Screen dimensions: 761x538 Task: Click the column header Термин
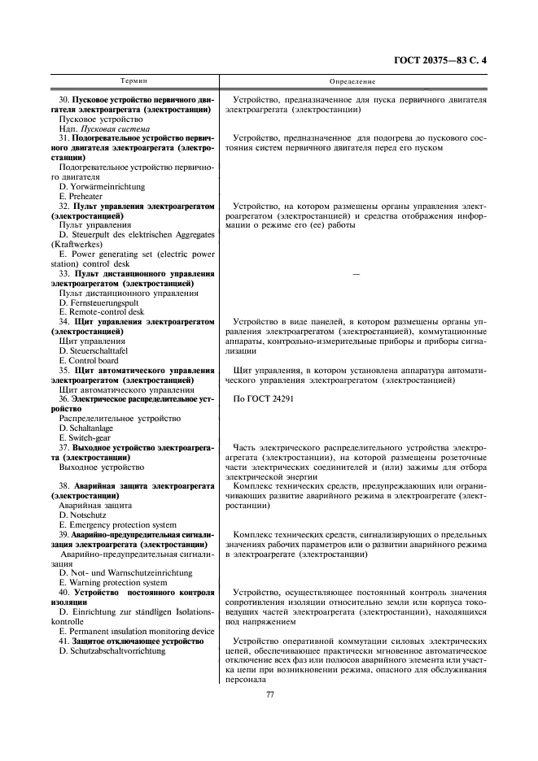click(x=134, y=81)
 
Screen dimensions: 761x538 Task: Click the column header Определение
click(x=352, y=81)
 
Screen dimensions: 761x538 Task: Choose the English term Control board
click(x=89, y=360)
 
